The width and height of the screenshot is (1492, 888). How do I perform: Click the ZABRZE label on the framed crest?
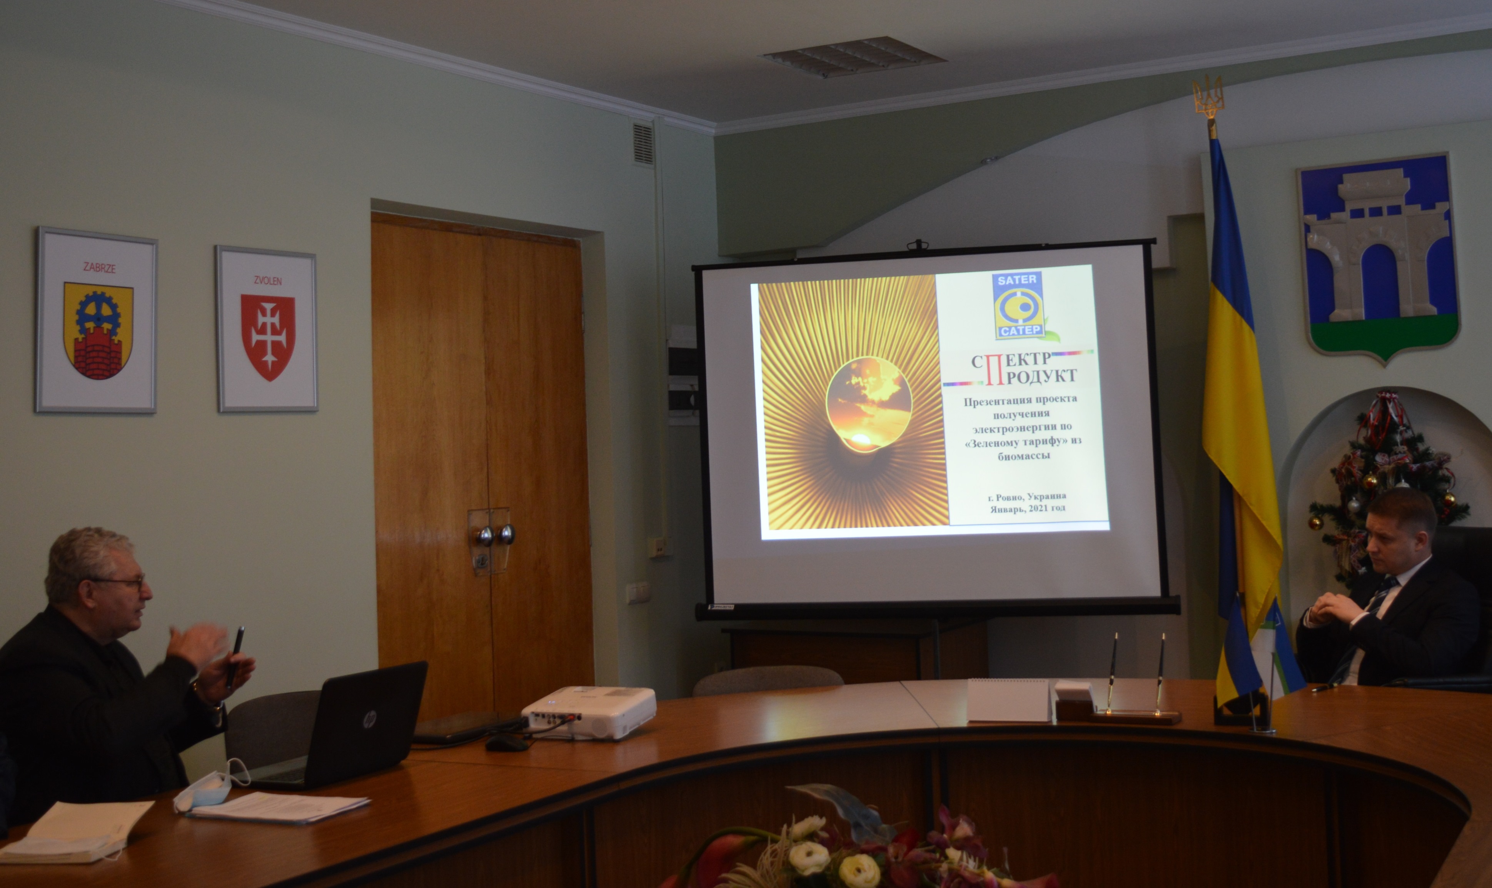99,268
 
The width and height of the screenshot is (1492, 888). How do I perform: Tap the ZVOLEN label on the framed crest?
267,281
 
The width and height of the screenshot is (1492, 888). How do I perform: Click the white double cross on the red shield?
267,335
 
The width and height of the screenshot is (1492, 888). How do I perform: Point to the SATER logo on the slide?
1018,305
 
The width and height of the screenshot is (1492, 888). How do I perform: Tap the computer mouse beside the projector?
506,743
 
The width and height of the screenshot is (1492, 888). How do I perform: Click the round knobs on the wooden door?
495,534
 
